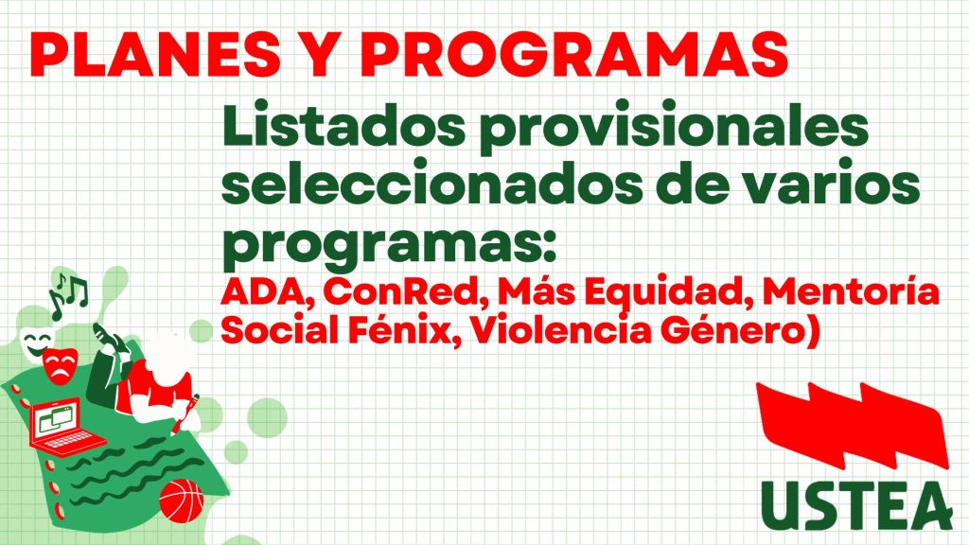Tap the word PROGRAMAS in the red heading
click(x=574, y=54)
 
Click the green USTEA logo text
click(x=855, y=505)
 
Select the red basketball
click(x=182, y=501)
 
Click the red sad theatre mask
click(x=61, y=365)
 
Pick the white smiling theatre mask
click(x=36, y=343)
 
